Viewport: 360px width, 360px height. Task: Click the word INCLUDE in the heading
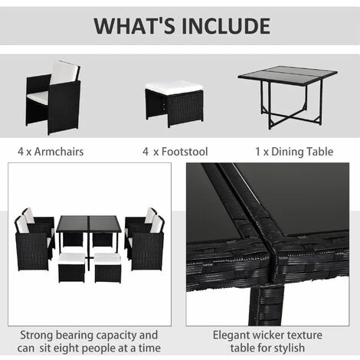tap(222, 25)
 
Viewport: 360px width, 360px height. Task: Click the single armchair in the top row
tap(53, 97)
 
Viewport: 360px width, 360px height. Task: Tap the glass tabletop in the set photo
tap(90, 224)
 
